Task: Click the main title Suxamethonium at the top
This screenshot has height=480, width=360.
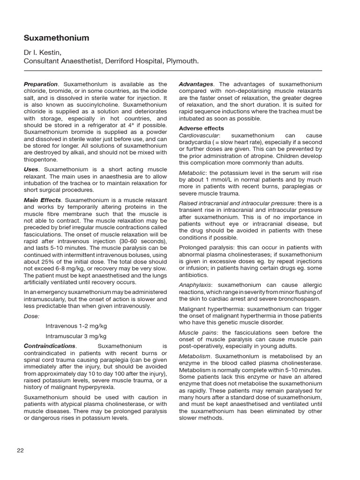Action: (56, 38)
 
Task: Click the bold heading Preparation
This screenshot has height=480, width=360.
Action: (41, 84)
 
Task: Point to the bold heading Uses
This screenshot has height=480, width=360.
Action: (31, 169)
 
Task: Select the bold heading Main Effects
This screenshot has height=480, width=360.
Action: (42, 200)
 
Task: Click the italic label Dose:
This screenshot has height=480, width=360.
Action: (32, 316)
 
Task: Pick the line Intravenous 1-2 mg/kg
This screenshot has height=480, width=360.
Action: (76, 326)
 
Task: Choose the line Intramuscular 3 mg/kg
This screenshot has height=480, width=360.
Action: (76, 336)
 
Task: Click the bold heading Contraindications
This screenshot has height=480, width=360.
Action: (50, 346)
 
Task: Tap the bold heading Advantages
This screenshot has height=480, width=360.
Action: (195, 84)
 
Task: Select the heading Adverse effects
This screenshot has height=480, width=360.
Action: (202, 128)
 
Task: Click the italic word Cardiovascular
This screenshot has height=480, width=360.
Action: (198, 135)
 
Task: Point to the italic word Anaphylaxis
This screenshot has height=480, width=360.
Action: (195, 285)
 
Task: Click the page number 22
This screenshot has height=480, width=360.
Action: (20, 450)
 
